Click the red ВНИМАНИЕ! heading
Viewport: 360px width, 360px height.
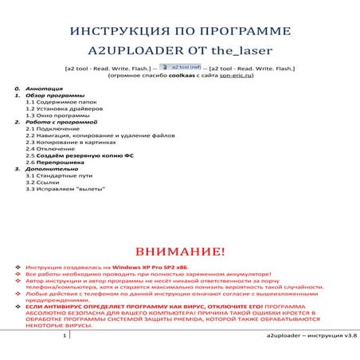point(179,252)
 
